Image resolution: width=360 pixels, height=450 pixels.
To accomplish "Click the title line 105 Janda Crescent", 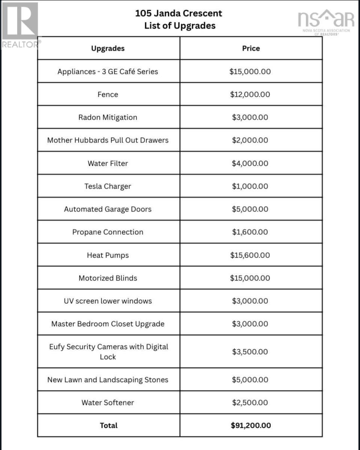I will [x=178, y=13].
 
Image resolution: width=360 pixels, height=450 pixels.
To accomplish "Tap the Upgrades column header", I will [x=108, y=48].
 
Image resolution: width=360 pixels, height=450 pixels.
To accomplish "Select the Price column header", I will [x=251, y=48].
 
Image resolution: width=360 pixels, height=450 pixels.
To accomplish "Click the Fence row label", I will [x=108, y=94].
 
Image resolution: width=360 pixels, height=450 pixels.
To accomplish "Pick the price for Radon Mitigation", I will [x=250, y=117].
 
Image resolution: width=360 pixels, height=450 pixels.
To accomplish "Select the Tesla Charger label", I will [x=108, y=186].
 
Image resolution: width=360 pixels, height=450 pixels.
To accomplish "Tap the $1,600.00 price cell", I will [x=250, y=232].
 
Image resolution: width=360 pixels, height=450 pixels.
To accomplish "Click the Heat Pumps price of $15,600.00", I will [x=250, y=255].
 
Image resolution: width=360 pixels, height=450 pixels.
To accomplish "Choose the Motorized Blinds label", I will [x=108, y=278].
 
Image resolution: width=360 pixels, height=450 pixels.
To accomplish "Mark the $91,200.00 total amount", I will [x=251, y=425].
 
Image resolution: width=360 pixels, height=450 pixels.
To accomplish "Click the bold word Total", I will [x=109, y=425].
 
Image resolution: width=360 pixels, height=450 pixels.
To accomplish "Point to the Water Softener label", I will [x=108, y=403].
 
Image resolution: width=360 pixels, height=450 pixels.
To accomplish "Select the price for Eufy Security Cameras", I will [x=250, y=352].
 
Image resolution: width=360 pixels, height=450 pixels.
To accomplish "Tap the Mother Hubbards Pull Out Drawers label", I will [x=108, y=140].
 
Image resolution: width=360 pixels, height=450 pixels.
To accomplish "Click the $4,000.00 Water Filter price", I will [x=250, y=163].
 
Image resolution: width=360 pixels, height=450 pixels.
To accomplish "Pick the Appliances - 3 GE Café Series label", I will [x=108, y=72].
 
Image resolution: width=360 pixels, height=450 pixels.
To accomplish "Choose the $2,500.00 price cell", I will [x=250, y=403].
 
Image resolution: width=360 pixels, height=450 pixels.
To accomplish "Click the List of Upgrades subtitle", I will [x=180, y=26].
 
